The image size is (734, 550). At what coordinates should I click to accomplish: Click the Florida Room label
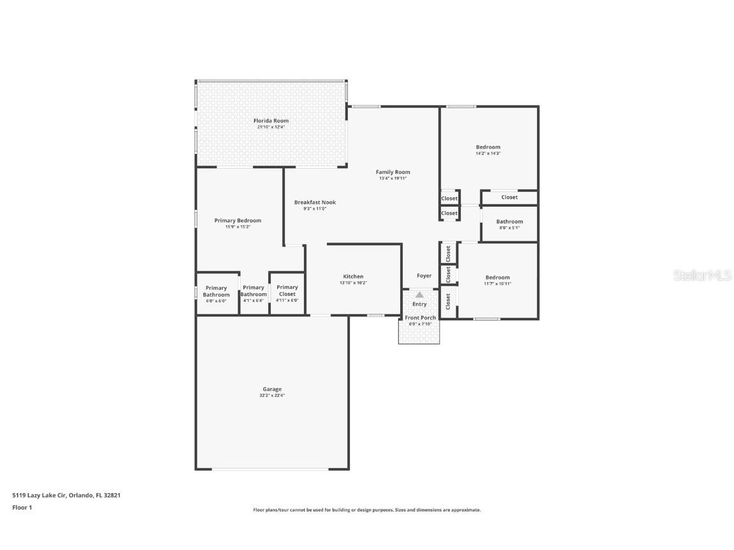pyautogui.click(x=271, y=120)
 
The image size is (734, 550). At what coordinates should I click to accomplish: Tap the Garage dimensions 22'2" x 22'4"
pyautogui.click(x=272, y=395)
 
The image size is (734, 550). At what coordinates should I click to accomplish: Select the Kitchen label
pyautogui.click(x=353, y=276)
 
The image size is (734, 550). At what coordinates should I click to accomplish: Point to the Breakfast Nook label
pyautogui.click(x=315, y=202)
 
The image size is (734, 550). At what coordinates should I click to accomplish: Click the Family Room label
pyautogui.click(x=392, y=172)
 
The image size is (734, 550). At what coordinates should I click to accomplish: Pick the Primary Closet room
pyautogui.click(x=287, y=293)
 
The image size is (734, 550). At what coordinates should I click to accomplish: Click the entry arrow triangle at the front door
pyautogui.click(x=419, y=295)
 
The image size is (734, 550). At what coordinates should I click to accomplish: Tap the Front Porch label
pyautogui.click(x=421, y=318)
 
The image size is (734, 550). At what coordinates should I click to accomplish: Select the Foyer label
pyautogui.click(x=424, y=276)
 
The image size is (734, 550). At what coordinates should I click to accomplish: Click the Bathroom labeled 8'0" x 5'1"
pyautogui.click(x=509, y=224)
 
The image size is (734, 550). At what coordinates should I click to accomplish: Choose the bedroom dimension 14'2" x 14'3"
pyautogui.click(x=488, y=153)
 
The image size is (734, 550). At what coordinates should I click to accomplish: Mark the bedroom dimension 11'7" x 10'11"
pyautogui.click(x=498, y=284)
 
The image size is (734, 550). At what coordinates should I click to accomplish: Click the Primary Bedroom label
pyautogui.click(x=238, y=220)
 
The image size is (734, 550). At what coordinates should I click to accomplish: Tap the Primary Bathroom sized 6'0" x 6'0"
pyautogui.click(x=216, y=294)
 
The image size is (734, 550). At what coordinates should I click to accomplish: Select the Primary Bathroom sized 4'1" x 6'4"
pyautogui.click(x=254, y=294)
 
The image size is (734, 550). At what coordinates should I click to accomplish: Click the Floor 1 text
pyautogui.click(x=22, y=507)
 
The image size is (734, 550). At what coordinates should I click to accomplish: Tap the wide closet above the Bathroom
pyautogui.click(x=509, y=197)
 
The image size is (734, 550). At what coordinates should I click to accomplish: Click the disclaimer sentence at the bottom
pyautogui.click(x=367, y=510)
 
